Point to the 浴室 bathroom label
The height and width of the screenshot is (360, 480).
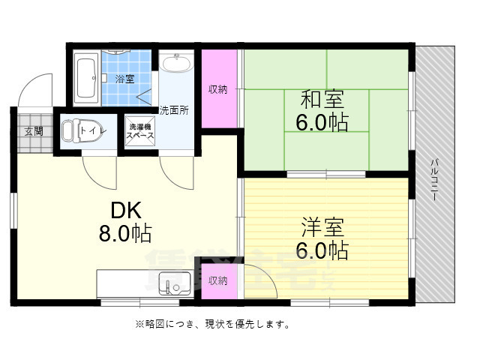click(124, 79)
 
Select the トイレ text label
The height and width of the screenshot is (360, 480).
click(94, 130)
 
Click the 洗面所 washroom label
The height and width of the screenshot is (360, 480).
click(174, 109)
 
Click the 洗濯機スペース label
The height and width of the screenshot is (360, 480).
click(139, 132)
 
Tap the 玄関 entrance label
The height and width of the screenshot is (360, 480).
click(34, 131)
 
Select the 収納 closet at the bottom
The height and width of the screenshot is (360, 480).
click(218, 280)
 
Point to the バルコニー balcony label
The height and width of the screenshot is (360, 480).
click(434, 180)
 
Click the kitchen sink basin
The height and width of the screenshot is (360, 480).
click(175, 286)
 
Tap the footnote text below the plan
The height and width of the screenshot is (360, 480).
click(213, 325)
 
